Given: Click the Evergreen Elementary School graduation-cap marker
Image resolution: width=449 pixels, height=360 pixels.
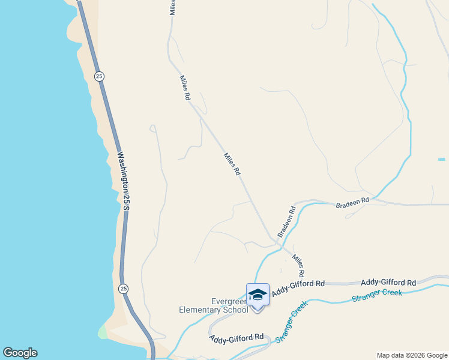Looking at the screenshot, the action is pyautogui.click(x=258, y=295).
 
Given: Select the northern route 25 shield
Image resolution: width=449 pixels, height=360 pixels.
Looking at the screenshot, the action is pyautogui.click(x=99, y=76).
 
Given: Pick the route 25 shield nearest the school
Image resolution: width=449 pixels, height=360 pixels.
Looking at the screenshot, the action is pyautogui.click(x=123, y=289).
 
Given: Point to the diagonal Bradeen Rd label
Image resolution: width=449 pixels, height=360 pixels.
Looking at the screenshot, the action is pyautogui.click(x=287, y=221).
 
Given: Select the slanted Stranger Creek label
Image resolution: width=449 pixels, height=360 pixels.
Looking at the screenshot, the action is pyautogui.click(x=292, y=322).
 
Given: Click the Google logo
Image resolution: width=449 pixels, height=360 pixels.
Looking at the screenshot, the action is pyautogui.click(x=20, y=353).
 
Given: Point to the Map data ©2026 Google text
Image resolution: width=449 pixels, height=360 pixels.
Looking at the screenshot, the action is pyautogui.click(x=412, y=355).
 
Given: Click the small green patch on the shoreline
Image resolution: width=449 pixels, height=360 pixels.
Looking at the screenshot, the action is pyautogui.click(x=102, y=332).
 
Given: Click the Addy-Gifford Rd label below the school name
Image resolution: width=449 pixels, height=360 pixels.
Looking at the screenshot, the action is pyautogui.click(x=237, y=338).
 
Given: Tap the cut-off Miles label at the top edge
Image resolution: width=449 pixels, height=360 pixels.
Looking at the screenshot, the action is pyautogui.click(x=173, y=7).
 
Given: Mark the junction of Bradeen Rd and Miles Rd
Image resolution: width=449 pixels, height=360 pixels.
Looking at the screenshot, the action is pyautogui.click(x=277, y=242).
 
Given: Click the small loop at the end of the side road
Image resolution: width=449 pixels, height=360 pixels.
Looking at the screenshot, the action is pyautogui.click(x=152, y=128).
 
